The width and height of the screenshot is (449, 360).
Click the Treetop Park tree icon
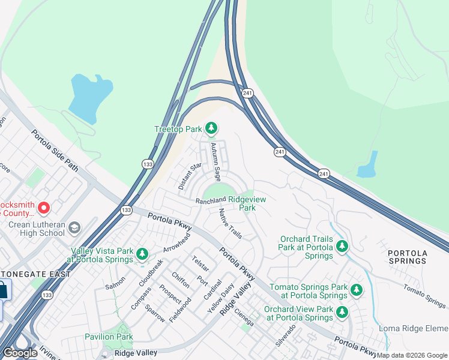pyautogui.click(x=211, y=128)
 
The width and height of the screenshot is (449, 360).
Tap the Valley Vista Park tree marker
pyautogui.click(x=142, y=254)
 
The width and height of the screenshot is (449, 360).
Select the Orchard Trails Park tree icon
pyautogui.click(x=342, y=247)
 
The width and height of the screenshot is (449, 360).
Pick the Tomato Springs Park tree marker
pyautogui.click(x=357, y=290)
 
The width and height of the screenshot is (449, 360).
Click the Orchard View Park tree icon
pyautogui.click(x=342, y=312)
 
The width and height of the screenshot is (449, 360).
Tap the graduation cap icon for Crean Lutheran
pyautogui.click(x=74, y=228)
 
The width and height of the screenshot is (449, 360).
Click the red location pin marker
pyautogui.click(x=44, y=208)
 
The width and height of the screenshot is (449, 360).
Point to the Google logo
pyautogui.click(x=19, y=353)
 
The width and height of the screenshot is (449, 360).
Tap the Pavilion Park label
pyautogui.click(x=109, y=337)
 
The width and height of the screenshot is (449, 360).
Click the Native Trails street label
pyautogui.click(x=231, y=223)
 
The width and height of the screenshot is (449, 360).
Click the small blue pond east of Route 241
pyautogui.click(x=367, y=165)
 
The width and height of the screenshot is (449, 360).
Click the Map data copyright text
pyautogui.click(x=412, y=355)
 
